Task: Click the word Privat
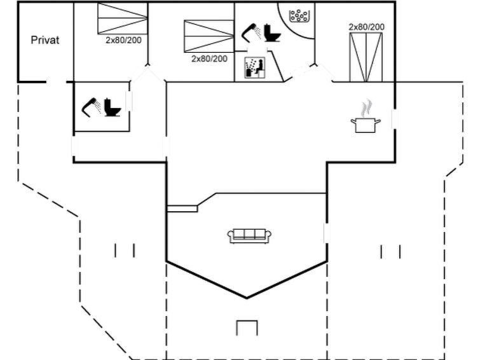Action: [45, 40]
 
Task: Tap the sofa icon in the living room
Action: [249, 236]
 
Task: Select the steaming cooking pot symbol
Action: [366, 117]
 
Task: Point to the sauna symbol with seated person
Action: [255, 67]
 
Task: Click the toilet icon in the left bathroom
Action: [113, 107]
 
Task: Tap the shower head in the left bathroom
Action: [91, 107]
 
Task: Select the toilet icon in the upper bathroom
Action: [273, 32]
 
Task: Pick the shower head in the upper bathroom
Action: [251, 32]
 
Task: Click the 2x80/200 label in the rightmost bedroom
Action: [366, 27]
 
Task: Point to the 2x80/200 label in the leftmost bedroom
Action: [123, 40]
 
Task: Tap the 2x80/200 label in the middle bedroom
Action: [209, 59]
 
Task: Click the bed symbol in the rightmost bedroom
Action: [366, 57]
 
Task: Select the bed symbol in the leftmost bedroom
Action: [123, 18]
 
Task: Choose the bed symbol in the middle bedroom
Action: [209, 36]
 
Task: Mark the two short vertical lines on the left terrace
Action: [125, 251]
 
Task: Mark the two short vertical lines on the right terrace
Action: [390, 252]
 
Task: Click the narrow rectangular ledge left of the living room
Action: [182, 209]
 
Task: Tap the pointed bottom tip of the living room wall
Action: [247, 298]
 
